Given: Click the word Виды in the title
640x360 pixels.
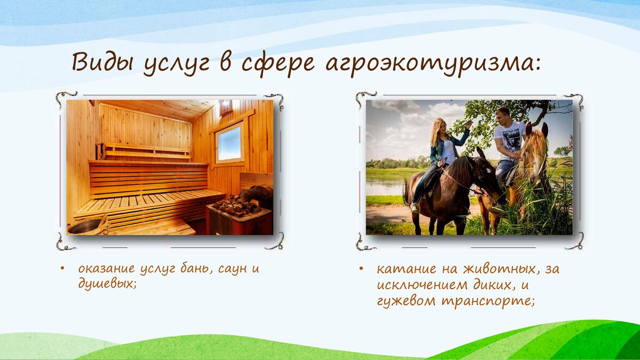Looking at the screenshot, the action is (x=102, y=62).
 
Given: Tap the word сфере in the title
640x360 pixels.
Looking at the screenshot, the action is (x=278, y=63).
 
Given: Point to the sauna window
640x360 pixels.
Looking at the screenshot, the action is (x=229, y=143).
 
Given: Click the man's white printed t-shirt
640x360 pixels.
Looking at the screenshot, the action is (x=510, y=139).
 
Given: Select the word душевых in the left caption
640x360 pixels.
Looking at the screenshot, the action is (x=106, y=283).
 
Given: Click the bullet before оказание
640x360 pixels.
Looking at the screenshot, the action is (x=62, y=269).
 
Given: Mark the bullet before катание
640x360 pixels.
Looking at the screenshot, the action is (x=362, y=269).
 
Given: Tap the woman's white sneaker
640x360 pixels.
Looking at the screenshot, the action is (x=414, y=207).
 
